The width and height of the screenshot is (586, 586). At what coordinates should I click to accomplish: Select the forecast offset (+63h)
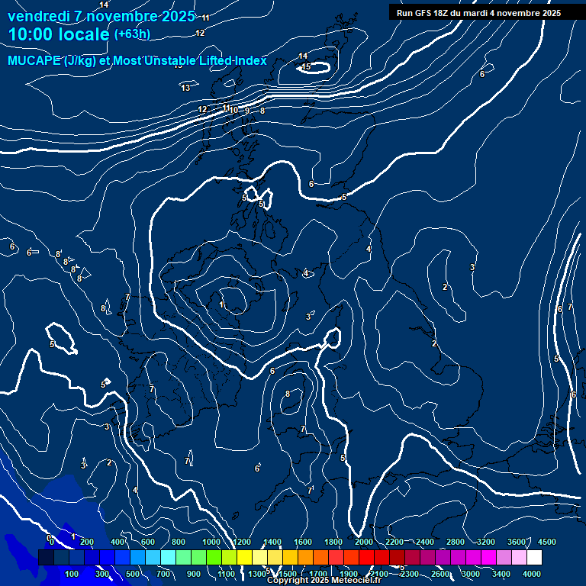click(132, 34)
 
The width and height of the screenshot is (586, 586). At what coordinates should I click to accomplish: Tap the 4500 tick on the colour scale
click(546, 542)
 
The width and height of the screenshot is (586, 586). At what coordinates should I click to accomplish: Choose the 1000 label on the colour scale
click(211, 542)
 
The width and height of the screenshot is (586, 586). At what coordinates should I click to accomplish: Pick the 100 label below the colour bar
click(72, 574)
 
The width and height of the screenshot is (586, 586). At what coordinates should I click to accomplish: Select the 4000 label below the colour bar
click(532, 574)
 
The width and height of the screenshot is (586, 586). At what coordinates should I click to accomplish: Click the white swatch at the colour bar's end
click(534, 558)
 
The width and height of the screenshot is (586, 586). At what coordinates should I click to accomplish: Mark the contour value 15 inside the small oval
click(306, 67)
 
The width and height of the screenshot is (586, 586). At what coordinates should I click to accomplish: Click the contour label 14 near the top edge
click(104, 5)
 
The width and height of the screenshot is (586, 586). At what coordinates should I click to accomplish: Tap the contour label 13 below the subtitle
click(185, 88)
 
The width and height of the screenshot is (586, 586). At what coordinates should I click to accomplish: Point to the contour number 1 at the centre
click(222, 305)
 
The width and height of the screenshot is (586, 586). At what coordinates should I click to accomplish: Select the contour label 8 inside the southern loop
click(288, 394)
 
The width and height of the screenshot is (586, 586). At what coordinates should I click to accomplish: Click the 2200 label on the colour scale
click(394, 542)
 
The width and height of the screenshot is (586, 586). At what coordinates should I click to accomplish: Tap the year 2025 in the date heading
click(175, 15)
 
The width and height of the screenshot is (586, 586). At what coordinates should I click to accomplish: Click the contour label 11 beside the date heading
click(205, 18)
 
